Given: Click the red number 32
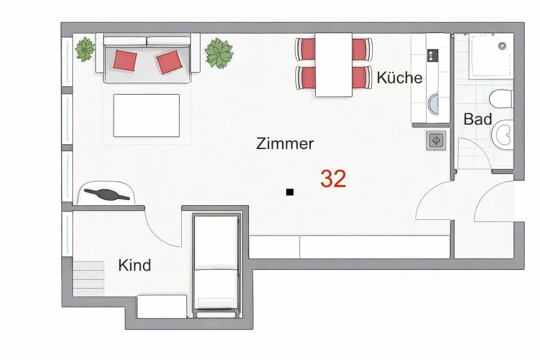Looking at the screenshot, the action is point(333,179).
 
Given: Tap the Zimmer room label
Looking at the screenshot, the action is point(285,144).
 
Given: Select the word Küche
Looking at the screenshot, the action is point(399,77).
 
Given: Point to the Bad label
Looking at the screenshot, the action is point(477,119).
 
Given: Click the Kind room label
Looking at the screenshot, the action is point(135,265).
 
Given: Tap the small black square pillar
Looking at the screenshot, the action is point(290,192).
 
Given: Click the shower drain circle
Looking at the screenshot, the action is point(502,46).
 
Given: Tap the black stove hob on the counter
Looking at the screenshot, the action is point(433,55).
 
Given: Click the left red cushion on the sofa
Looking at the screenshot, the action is point(125,60).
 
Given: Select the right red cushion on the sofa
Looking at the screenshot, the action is point(169,62).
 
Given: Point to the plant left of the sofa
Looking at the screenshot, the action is point(85,49).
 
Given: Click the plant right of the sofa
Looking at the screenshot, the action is point(219,53).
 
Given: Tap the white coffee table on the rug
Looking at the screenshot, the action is point(147,115).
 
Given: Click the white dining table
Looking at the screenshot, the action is point(334,65).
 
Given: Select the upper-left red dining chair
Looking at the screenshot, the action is point(306,49).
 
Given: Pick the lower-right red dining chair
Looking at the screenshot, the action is point(362,77).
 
